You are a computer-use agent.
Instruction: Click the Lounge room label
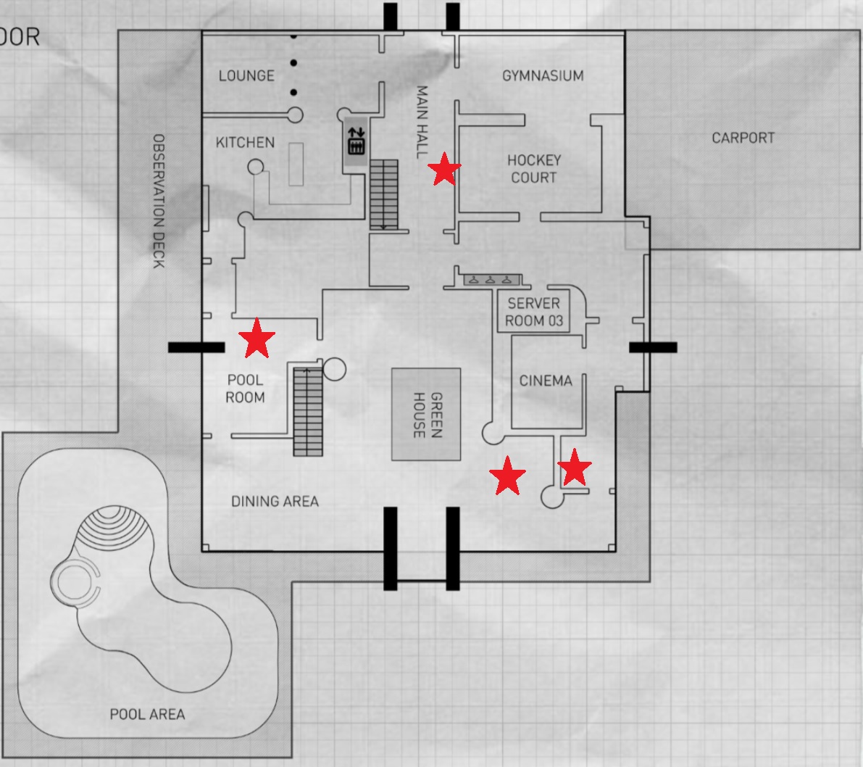click(x=246, y=75)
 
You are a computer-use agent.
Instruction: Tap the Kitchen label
click(x=245, y=142)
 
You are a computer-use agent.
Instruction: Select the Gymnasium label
click(x=543, y=75)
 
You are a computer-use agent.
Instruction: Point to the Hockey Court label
click(x=534, y=168)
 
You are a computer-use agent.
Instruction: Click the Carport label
click(x=743, y=137)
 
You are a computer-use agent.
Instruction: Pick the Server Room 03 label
click(x=534, y=312)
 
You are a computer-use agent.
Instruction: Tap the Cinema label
click(x=546, y=381)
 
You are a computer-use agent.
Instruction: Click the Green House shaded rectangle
click(x=426, y=415)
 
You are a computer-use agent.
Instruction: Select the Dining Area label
click(x=275, y=501)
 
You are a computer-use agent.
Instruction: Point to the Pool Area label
click(x=147, y=714)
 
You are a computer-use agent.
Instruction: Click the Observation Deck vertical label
click(x=159, y=201)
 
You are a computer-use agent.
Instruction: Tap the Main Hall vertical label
click(x=422, y=122)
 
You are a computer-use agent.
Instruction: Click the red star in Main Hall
click(x=443, y=170)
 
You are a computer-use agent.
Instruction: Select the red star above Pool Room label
click(x=257, y=339)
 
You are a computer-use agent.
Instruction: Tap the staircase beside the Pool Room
click(x=308, y=411)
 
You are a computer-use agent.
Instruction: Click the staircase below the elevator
click(x=384, y=195)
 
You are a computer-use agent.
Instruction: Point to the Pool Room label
click(x=245, y=388)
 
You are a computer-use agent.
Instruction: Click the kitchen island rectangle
click(x=296, y=164)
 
